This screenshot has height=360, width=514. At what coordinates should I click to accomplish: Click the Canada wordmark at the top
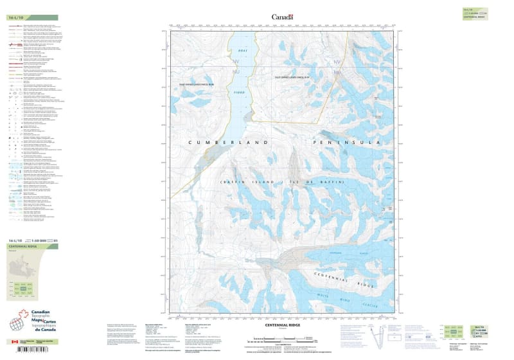click(x=282, y=17)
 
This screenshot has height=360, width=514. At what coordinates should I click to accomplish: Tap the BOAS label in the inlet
click(x=242, y=50)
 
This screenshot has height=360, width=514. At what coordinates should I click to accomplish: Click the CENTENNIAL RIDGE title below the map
click(x=281, y=325)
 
